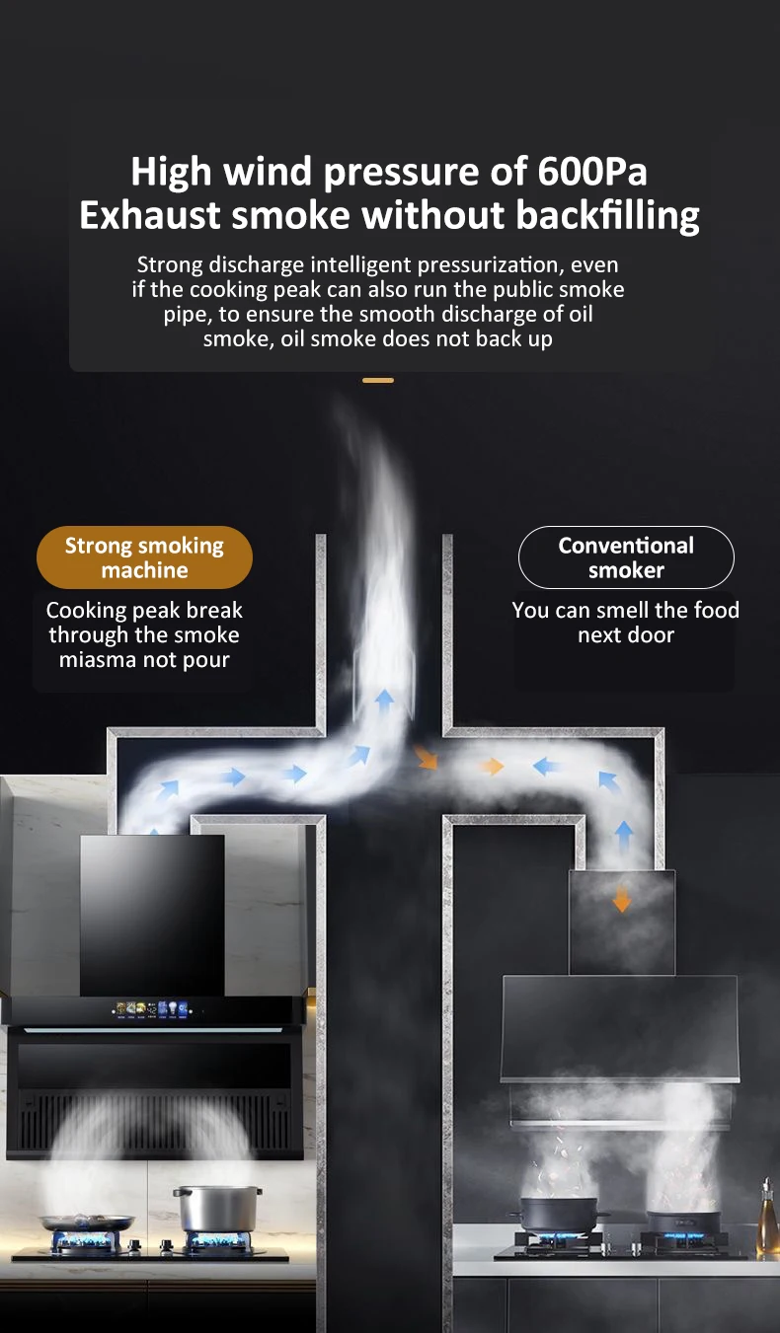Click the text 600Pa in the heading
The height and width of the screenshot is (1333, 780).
592,172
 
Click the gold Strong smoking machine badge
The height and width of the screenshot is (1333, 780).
144,557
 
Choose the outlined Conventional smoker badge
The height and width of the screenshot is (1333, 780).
626,557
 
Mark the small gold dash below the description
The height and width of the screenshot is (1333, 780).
378,380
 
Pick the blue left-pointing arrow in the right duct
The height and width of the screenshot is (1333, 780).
546,766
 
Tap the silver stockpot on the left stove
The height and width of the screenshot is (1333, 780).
215,1208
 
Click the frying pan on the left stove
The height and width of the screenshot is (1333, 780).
87,1222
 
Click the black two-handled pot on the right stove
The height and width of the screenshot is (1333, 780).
559,1213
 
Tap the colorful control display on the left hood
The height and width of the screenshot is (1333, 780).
157,1009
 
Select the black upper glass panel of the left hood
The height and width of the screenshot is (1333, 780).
152,913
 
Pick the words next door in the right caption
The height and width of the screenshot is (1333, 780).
626,634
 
